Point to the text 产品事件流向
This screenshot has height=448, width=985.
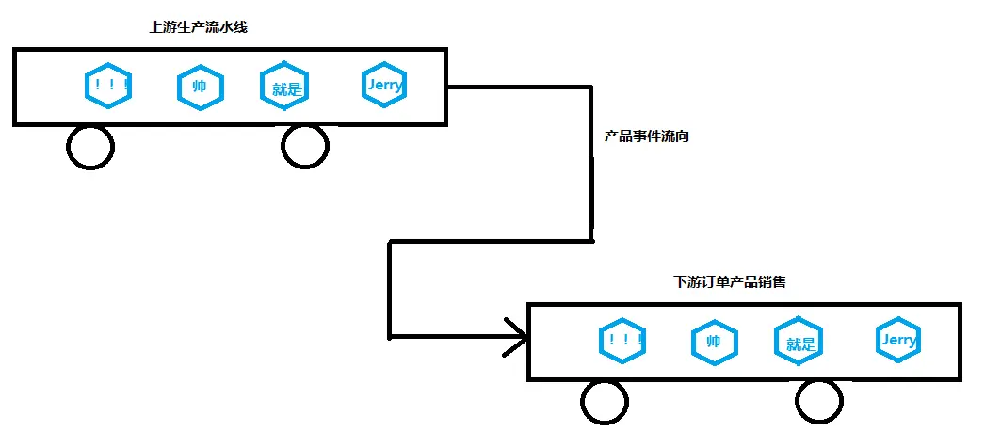coord(647,136)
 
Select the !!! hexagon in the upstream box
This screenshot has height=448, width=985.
coord(106,87)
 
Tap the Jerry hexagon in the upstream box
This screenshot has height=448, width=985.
coord(384,86)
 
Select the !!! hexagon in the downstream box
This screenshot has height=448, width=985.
coord(622,342)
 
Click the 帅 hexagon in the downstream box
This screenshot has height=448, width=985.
coord(714,342)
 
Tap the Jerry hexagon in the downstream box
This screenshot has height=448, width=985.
coord(897,340)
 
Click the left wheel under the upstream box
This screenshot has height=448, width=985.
coord(90,147)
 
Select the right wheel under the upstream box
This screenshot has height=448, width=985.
coord(305,147)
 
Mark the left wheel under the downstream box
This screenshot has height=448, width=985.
coord(605,403)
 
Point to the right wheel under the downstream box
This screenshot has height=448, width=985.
coord(818,403)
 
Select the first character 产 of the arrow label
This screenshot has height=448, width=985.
coord(611,136)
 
